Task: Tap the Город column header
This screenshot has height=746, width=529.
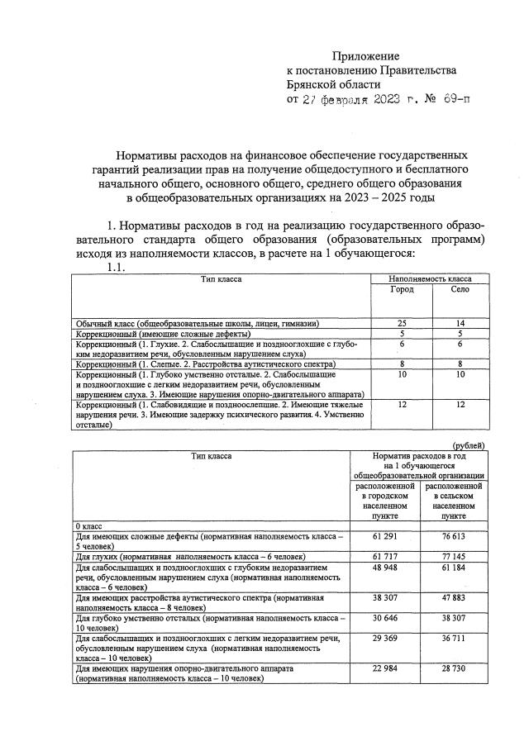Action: [402, 291]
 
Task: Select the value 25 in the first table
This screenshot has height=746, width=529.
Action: [402, 323]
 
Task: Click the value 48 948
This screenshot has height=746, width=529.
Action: [386, 568]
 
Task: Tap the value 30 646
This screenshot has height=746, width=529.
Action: [386, 616]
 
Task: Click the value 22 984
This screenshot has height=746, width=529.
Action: [386, 667]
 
